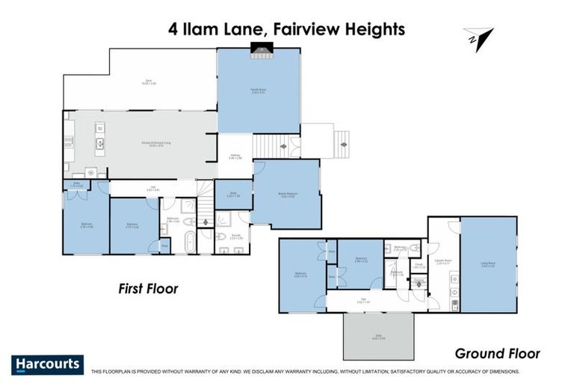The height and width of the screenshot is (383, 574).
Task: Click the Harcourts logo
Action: pos(48,364)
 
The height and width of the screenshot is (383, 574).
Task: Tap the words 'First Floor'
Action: pos(147,288)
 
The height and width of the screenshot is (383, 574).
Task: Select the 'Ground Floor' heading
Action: pos(498,354)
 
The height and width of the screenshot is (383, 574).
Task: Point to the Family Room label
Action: pos(259,91)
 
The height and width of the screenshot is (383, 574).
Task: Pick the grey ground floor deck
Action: pos(378,336)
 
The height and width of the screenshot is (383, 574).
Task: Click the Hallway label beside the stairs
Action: pos(233,157)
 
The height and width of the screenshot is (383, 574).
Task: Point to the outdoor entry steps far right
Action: pos(343,140)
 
